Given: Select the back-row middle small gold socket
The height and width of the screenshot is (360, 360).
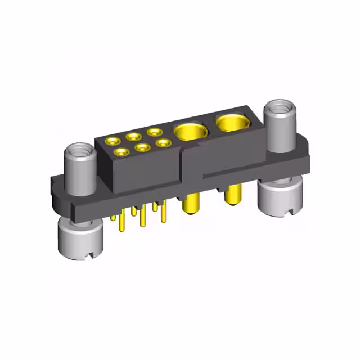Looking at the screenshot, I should [x=134, y=136].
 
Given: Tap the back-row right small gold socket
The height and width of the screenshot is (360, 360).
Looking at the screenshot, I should [x=153, y=132].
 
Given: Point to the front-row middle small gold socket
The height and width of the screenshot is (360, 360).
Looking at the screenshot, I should [x=142, y=147].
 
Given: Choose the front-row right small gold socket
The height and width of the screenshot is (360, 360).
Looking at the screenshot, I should [x=163, y=143].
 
